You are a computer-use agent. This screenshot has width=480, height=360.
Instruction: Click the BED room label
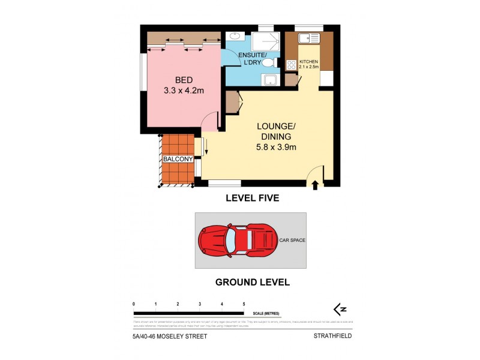(184, 80)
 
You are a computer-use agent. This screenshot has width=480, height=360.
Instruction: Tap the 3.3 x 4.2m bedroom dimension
(184, 91)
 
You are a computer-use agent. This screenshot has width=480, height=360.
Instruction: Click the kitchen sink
(311, 38)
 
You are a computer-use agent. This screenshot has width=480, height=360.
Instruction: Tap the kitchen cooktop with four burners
(292, 65)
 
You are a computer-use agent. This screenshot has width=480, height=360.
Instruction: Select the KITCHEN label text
(308, 62)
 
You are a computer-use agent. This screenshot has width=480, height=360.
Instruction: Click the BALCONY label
(178, 160)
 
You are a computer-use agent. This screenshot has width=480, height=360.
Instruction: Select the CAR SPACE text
(292, 240)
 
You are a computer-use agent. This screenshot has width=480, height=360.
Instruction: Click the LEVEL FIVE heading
(252, 198)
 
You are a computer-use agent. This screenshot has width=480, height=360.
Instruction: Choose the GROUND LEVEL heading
(253, 281)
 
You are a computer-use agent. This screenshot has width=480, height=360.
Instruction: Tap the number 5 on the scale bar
(244, 305)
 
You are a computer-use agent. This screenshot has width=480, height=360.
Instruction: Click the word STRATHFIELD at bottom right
(332, 337)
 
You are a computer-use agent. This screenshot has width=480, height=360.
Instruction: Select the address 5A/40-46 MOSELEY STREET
(170, 337)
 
